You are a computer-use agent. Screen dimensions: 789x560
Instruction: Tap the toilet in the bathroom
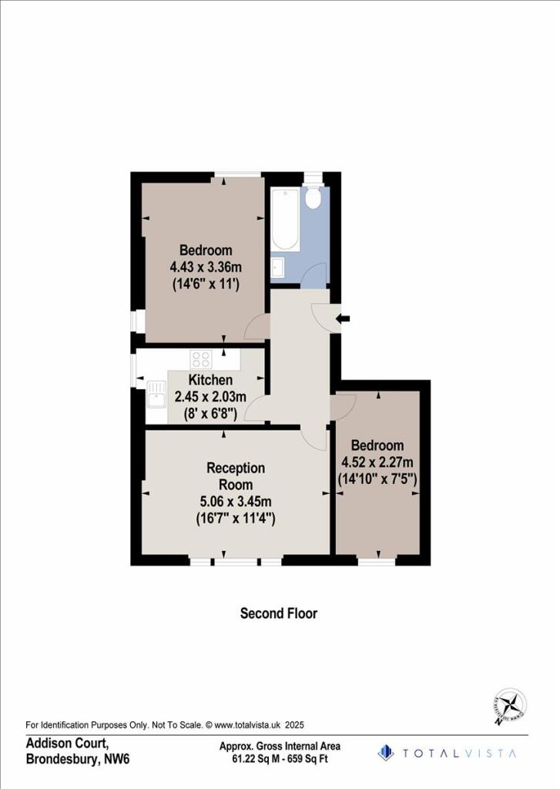pyautogui.click(x=313, y=198)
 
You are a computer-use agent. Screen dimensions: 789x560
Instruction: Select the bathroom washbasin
pyautogui.click(x=278, y=267)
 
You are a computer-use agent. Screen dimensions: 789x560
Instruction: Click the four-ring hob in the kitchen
pyautogui.click(x=201, y=358)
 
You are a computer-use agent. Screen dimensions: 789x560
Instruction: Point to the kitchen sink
pyautogui.click(x=156, y=398)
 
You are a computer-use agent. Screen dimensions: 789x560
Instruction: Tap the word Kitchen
pyautogui.click(x=210, y=380)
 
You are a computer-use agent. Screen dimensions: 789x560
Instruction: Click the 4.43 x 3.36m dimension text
pyautogui.click(x=206, y=267)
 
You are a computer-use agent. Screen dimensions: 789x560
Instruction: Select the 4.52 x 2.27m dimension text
pyautogui.click(x=377, y=462)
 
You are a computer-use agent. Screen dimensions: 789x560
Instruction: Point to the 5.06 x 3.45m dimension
pyautogui.click(x=236, y=502)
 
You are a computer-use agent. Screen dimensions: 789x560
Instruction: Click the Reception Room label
pyautogui.click(x=236, y=476)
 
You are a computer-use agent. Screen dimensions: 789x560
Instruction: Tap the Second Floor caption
pyautogui.click(x=279, y=613)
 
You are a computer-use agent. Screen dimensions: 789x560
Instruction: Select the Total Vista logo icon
pyautogui.click(x=386, y=752)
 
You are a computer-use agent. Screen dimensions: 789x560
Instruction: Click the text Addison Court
pyautogui.click(x=66, y=744)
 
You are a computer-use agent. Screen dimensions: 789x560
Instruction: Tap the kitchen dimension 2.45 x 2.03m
pyautogui.click(x=210, y=397)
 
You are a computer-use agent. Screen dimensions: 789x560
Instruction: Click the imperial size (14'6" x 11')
pyautogui.click(x=206, y=284)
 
